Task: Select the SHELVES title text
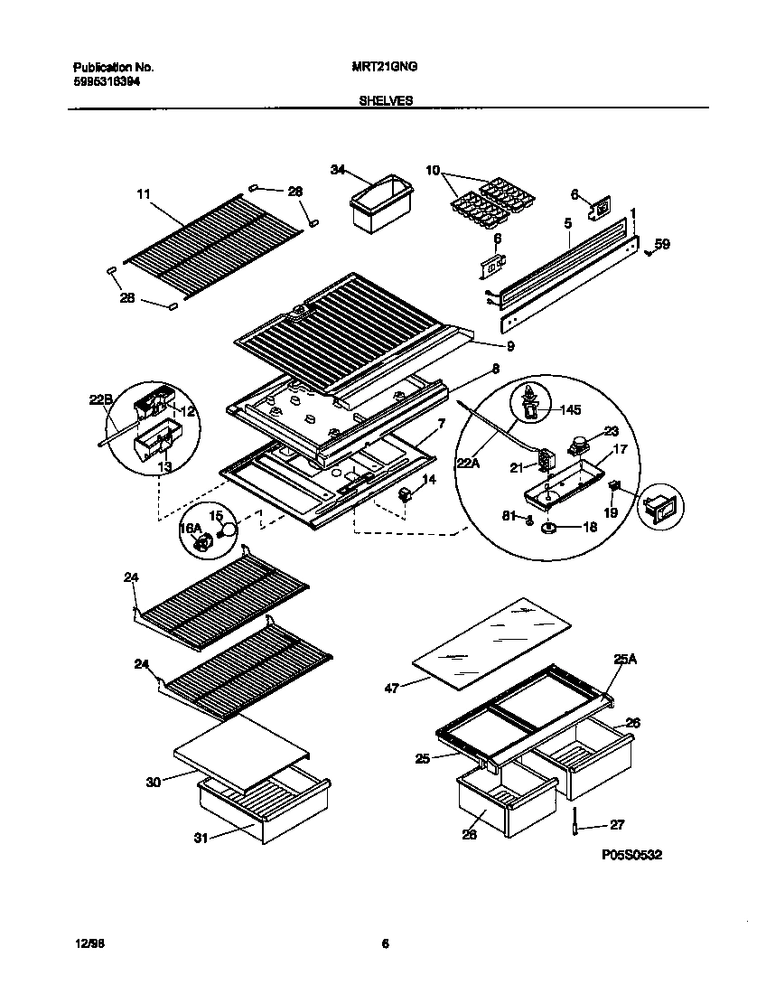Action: [x=386, y=101]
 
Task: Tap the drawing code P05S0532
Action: [x=631, y=855]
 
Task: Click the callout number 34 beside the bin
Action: [x=338, y=170]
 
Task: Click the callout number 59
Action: [x=662, y=243]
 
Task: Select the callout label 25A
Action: [x=625, y=661]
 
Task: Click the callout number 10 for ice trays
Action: [x=433, y=170]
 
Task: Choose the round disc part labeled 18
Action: [x=549, y=529]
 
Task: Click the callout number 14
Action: [x=429, y=480]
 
